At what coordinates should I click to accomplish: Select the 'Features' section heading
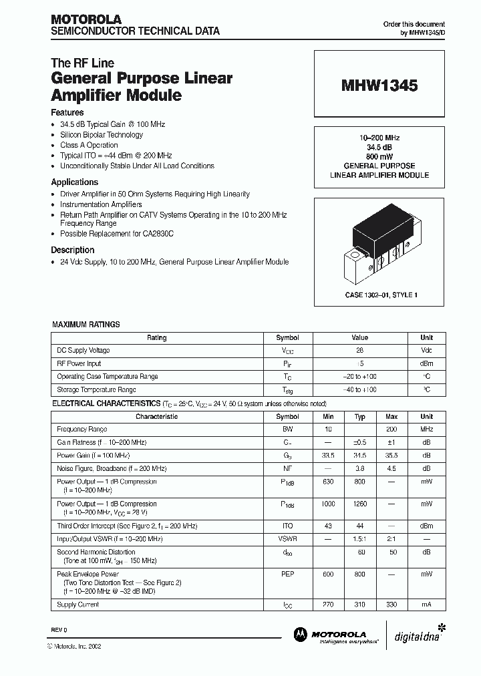click(67, 113)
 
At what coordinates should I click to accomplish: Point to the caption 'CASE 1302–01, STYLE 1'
click(379, 295)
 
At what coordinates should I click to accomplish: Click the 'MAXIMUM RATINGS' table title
click(86, 325)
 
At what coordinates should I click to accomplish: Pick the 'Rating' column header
click(157, 338)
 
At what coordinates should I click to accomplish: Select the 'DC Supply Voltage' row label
click(84, 351)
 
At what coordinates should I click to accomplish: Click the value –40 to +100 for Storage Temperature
click(359, 389)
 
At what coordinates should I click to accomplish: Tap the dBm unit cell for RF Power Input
click(426, 364)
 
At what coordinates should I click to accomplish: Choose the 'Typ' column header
click(359, 417)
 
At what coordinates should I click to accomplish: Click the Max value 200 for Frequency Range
click(391, 430)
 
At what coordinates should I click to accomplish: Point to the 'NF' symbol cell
click(287, 469)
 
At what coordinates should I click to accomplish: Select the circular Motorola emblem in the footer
click(299, 635)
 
